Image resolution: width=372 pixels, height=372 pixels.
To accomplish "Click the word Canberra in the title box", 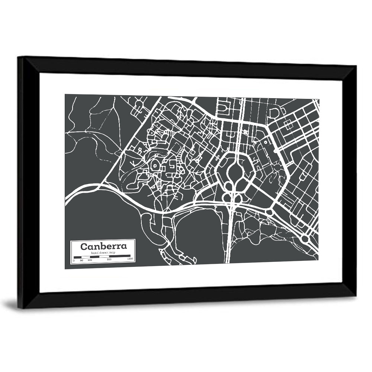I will point(103,246).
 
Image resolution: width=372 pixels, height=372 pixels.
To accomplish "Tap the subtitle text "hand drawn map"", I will point(103,253).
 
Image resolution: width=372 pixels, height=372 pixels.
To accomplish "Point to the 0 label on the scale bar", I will point(74,260).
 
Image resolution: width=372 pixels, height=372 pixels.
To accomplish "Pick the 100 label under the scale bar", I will point(90,260).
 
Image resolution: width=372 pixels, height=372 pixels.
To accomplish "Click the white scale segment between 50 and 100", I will point(86,257).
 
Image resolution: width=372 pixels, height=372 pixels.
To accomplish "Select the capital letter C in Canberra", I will point(84,246).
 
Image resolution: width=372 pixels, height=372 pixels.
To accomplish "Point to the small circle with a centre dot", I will point(266,142).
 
